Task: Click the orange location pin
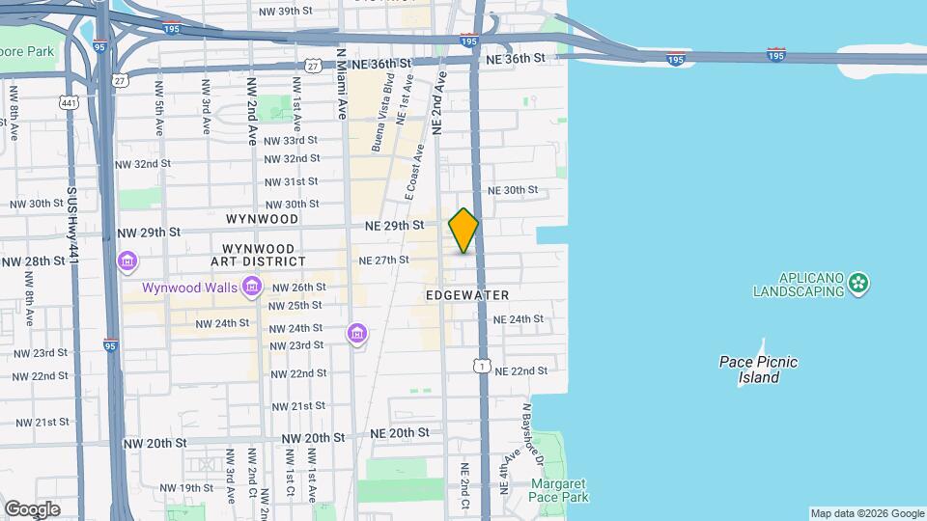pos(463,230)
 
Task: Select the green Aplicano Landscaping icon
pos(859,284)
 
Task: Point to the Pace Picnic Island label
pos(759,370)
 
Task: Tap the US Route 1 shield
pos(480,366)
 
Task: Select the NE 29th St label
pos(395,225)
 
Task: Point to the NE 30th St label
pos(513,190)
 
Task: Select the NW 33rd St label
pos(291,140)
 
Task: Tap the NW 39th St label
pos(288,11)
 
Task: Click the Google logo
pos(32,508)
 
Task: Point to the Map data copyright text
pos(866,513)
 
